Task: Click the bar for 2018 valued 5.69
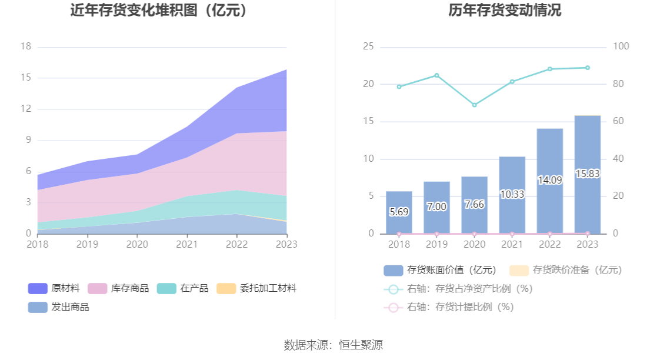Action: click(x=399, y=212)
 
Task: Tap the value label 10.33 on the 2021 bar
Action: click(x=512, y=194)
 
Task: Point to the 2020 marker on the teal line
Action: click(x=474, y=105)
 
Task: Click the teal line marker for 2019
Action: click(x=436, y=75)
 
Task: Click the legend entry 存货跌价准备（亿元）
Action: click(x=565, y=270)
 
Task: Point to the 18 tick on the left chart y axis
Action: click(x=25, y=46)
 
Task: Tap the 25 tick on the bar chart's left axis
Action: click(x=369, y=46)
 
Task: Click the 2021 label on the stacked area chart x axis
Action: click(x=187, y=244)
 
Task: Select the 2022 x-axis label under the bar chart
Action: click(x=549, y=244)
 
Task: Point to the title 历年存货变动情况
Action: click(x=496, y=10)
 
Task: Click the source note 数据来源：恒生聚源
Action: click(x=333, y=345)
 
